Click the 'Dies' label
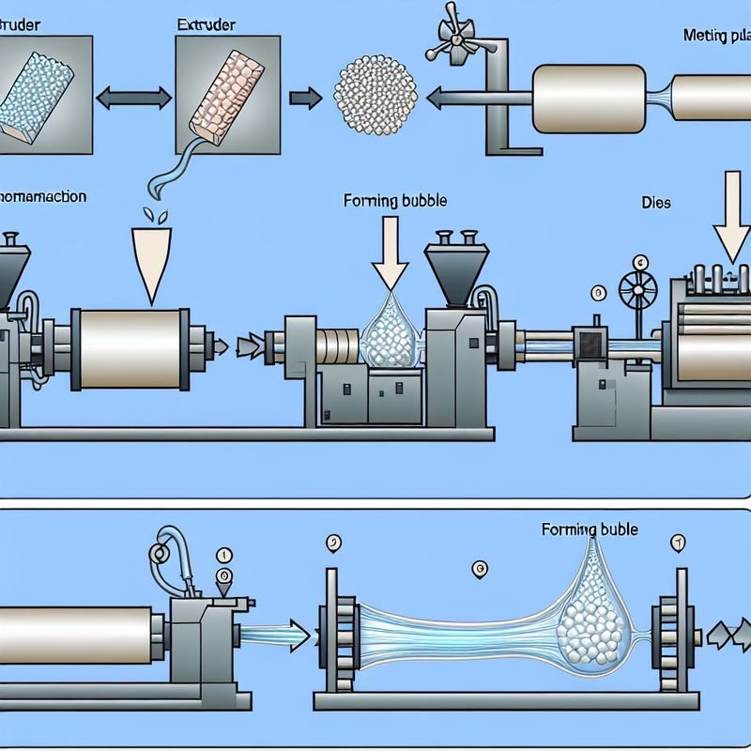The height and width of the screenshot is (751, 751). click(656, 202)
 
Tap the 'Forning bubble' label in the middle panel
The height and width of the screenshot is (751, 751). click(395, 200)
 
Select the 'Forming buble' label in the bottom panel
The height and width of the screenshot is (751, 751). click(590, 529)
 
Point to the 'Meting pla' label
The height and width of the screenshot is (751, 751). click(718, 34)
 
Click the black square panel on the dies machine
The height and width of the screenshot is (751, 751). click(591, 344)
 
